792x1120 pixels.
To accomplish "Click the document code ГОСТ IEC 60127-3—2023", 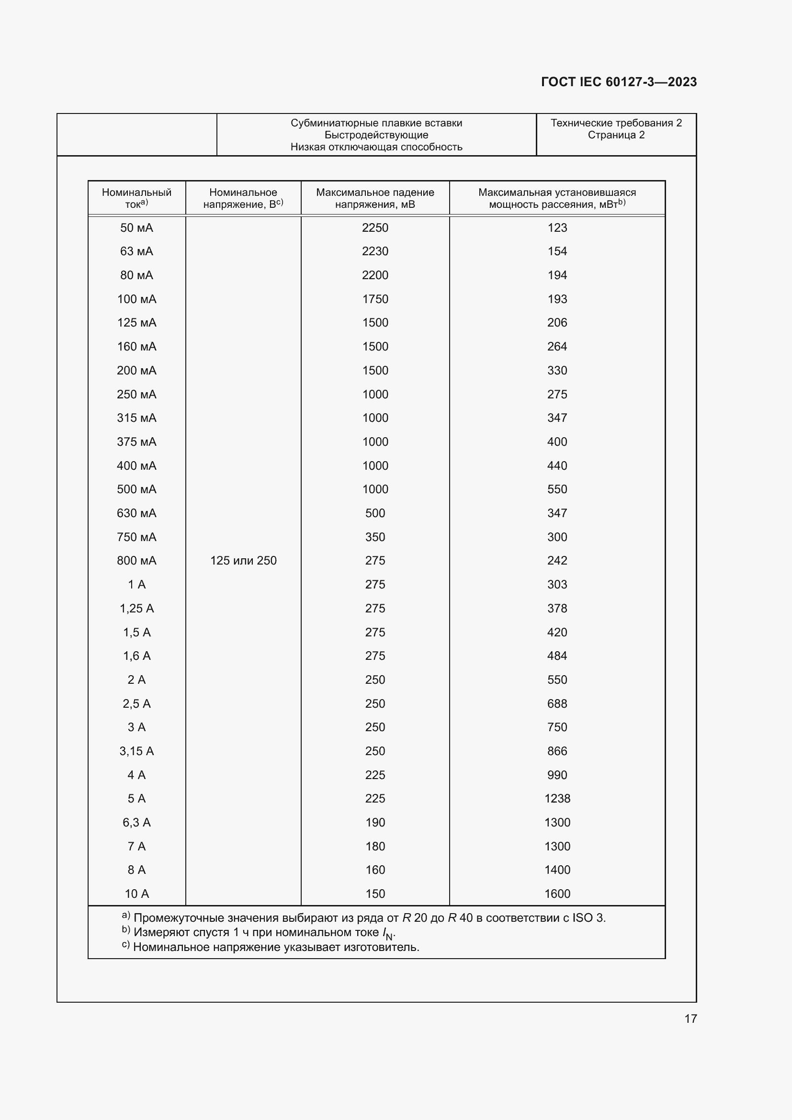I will pyautogui.click(x=618, y=82).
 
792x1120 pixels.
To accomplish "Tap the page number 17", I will pyautogui.click(x=690, y=1018).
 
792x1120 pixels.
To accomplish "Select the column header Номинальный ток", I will pyautogui.click(x=136, y=198).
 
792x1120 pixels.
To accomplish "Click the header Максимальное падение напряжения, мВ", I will pyautogui.click(x=374, y=198).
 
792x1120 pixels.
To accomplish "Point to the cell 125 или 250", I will pyautogui.click(x=243, y=561).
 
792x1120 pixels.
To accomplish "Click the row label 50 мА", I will pyautogui.click(x=136, y=228).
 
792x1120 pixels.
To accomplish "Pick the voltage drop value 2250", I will pyautogui.click(x=374, y=228).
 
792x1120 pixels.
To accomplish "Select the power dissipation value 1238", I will pyautogui.click(x=557, y=799).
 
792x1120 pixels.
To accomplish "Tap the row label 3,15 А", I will pyautogui.click(x=136, y=751).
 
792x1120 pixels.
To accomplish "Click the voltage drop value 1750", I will pyautogui.click(x=374, y=299).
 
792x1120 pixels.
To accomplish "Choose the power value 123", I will pyautogui.click(x=557, y=228).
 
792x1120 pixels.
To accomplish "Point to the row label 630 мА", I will pyautogui.click(x=136, y=513).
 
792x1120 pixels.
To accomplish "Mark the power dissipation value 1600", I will pyautogui.click(x=557, y=894).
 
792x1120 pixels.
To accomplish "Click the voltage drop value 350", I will pyautogui.click(x=374, y=537).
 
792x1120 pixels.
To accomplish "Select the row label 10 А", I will pyautogui.click(x=136, y=894).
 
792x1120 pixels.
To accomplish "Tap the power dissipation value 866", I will pyautogui.click(x=557, y=751).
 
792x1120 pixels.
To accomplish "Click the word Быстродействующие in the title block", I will pyautogui.click(x=376, y=135).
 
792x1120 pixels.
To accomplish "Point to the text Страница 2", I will pyautogui.click(x=616, y=135).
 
